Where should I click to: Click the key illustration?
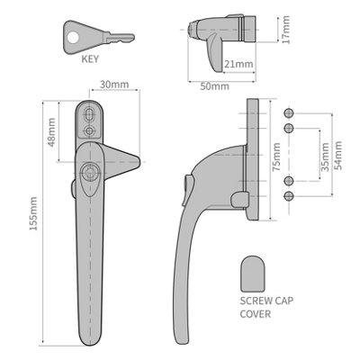click(100, 37)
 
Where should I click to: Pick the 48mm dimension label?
click(53, 134)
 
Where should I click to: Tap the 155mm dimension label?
click(35, 225)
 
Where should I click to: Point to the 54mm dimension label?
click(338, 155)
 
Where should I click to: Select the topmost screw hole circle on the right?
click(289, 112)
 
